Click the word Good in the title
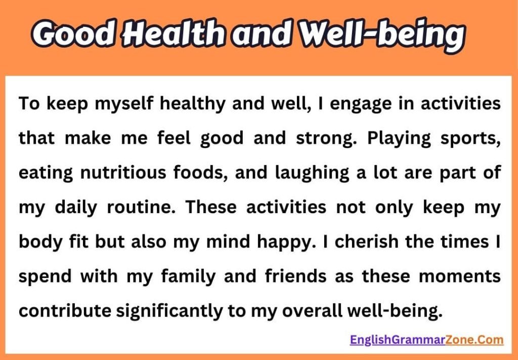(x=76, y=34)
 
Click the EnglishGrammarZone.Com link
(x=426, y=339)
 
